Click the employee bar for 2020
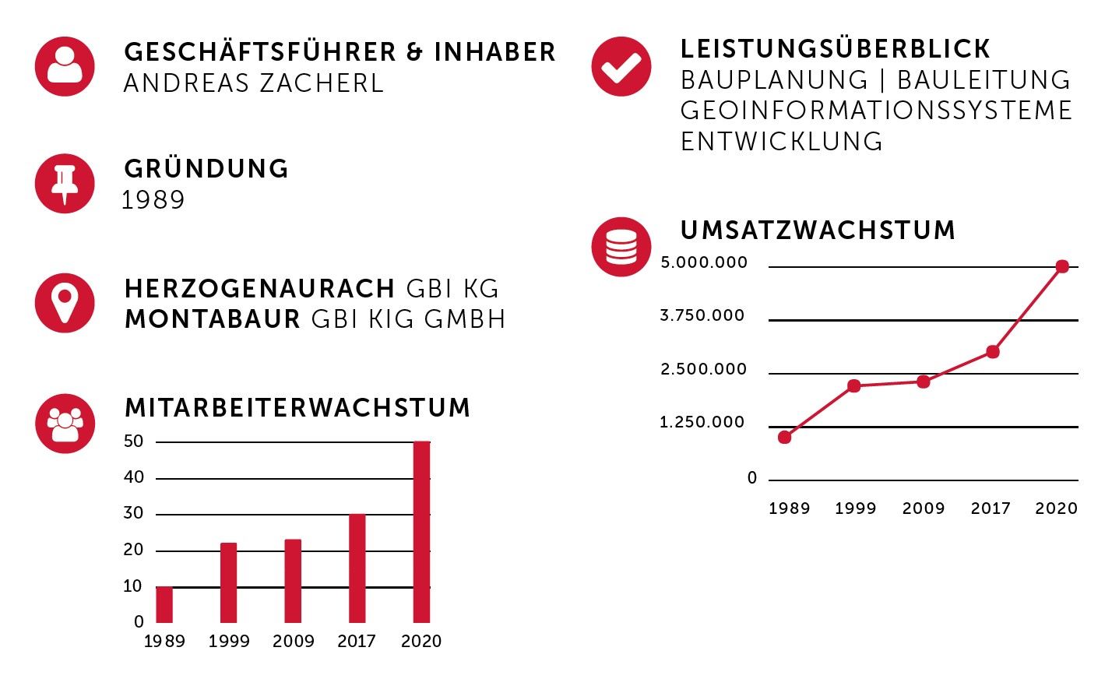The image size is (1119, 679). coord(421,532)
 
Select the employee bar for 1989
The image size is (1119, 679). coord(164,604)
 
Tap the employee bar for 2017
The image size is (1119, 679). coord(357,568)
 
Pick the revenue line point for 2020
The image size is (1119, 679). coord(1063,267)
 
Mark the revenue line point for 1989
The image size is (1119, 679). coord(784,438)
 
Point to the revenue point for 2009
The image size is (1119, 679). coord(924,382)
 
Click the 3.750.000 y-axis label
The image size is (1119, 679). coord(702,316)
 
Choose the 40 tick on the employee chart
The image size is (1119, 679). coord(134,477)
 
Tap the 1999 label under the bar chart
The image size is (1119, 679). coord(229,641)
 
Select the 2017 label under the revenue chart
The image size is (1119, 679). coord(991,508)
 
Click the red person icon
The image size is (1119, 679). coord(65,66)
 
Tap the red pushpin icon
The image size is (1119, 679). coord(65,183)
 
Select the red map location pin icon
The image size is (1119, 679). coord(65,303)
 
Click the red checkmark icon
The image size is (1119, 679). coord(621,66)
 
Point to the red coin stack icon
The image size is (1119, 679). coord(621,247)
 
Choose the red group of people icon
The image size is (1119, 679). coord(65,424)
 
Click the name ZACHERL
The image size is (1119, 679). coord(321,83)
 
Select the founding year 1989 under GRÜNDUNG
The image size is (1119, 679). coord(153,200)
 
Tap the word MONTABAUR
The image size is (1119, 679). coord(213,319)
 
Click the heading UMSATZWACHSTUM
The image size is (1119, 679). coord(818,230)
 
